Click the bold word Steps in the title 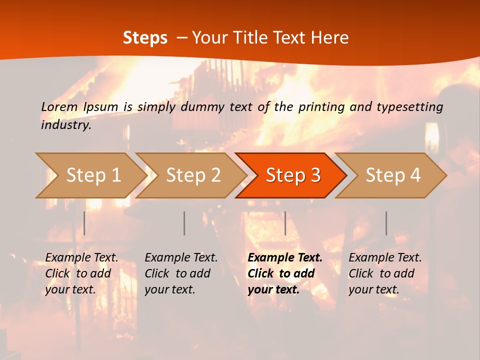pos(145,38)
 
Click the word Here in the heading pos(330,38)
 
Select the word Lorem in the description pos(59,106)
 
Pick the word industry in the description pos(66,125)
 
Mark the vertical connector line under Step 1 pos(84,223)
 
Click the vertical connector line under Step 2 pos(184,223)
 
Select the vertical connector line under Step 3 pos(285,223)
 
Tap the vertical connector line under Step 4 pos(386,223)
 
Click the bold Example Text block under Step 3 pos(285,273)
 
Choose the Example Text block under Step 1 pos(81,273)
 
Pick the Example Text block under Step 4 pos(385,273)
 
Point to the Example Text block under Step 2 pos(181,273)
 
